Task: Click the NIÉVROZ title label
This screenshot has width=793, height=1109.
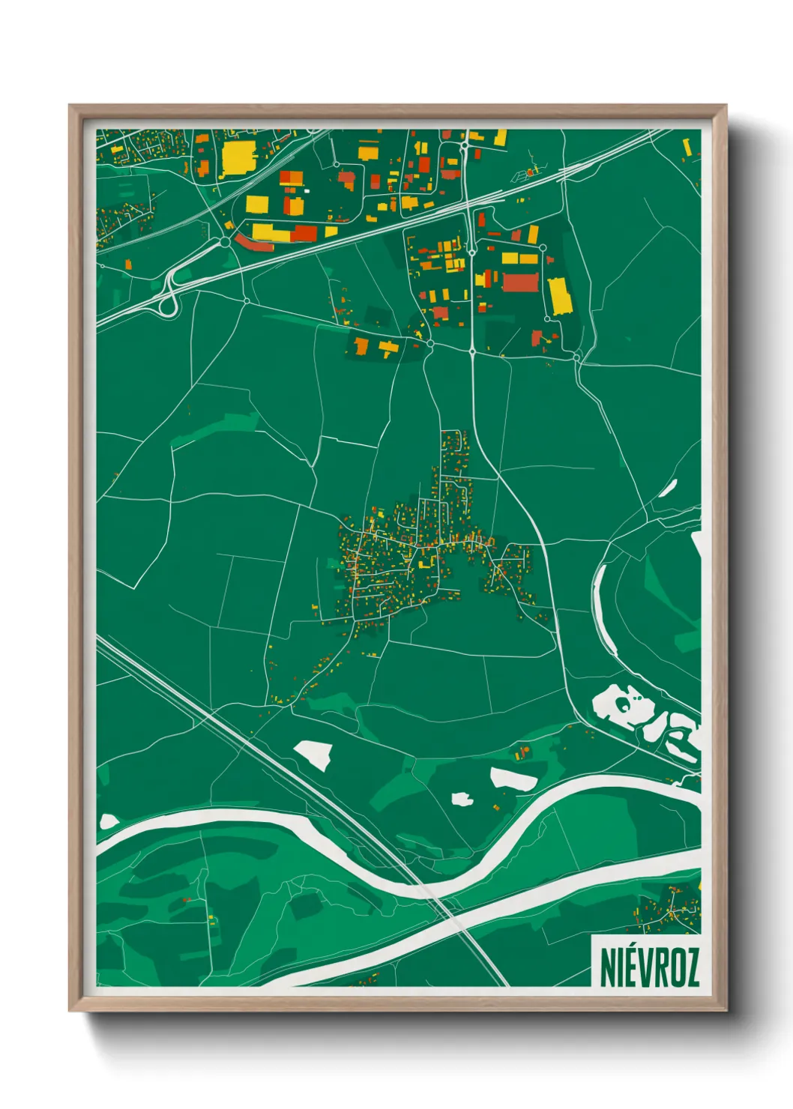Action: tap(649, 967)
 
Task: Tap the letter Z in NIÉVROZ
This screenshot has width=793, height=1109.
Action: tap(690, 967)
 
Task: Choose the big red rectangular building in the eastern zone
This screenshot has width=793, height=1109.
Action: tap(521, 282)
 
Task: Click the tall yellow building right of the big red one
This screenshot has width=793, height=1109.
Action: tap(560, 297)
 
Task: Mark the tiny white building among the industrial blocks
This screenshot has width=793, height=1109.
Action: tap(306, 191)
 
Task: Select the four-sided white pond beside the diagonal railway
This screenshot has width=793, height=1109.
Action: tap(313, 754)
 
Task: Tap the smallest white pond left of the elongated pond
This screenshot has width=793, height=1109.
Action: tap(462, 799)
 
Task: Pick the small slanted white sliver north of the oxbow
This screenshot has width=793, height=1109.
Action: tap(668, 488)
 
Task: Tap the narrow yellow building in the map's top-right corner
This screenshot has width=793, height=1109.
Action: tap(687, 146)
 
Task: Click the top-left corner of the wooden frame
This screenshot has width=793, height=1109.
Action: tap(70, 106)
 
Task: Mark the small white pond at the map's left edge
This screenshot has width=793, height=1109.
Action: tap(109, 821)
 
